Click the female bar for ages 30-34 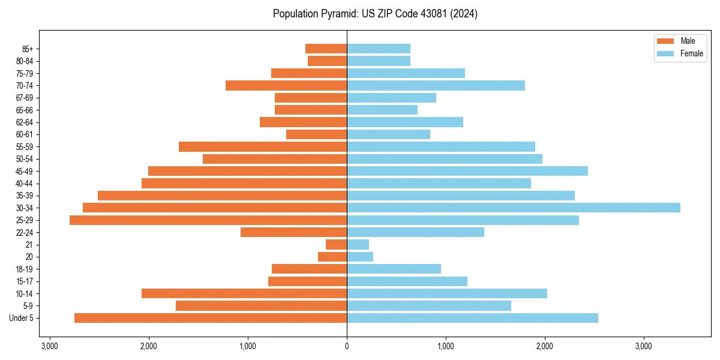513,208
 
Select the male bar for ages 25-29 208,220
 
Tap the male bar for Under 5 211,318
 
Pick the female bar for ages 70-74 436,86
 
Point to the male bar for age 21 336,245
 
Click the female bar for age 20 360,257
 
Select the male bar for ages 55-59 263,147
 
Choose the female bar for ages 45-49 467,171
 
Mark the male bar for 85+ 326,49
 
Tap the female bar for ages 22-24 415,232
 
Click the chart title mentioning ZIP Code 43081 375,14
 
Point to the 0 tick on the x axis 347,346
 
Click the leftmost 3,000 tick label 50,346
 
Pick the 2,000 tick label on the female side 545,346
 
